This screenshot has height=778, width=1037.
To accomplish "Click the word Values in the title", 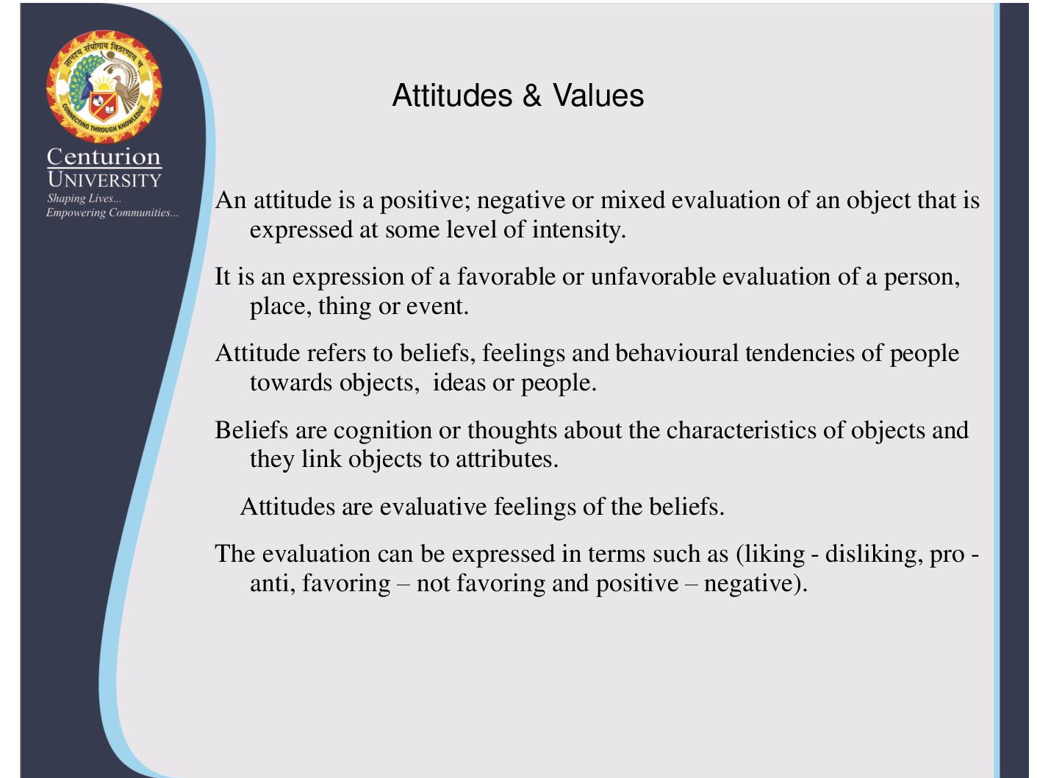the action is coord(598,96).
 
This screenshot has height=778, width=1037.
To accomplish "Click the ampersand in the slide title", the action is coord(531,96).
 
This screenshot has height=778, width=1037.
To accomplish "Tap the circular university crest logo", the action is coord(104,87).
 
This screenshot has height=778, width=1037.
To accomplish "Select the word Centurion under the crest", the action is coord(104,157).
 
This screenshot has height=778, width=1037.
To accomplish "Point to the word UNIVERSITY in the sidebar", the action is coord(104,179).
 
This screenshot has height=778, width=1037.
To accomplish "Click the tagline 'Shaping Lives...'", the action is coord(84,199).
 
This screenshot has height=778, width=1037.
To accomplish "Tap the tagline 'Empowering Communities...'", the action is coord(112,213).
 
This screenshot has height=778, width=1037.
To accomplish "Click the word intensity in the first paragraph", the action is coord(578,230).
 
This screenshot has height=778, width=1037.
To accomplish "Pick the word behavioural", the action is coord(677,353).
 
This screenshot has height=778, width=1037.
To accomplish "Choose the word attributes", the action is coord(507,459).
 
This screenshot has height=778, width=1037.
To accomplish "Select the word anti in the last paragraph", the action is coord(273,583).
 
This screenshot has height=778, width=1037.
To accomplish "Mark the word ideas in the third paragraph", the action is coord(459,382).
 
